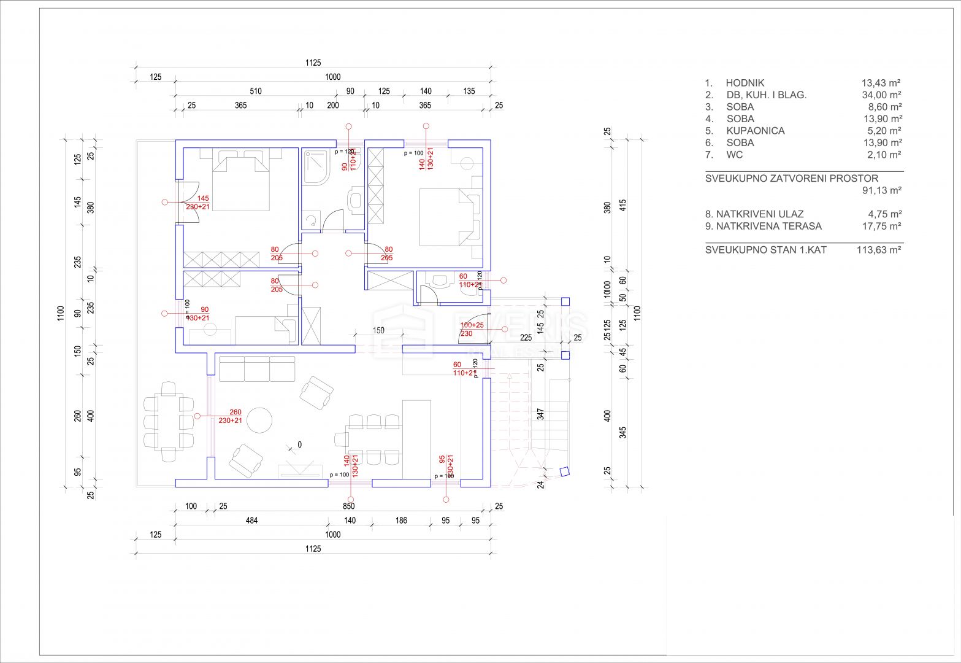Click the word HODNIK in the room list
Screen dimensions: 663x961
(x=745, y=83)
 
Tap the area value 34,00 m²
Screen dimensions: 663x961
(x=881, y=95)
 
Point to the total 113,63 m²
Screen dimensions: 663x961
(x=879, y=250)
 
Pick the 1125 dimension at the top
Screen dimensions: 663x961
(x=313, y=63)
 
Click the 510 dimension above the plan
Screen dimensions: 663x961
(x=256, y=91)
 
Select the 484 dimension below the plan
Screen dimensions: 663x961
(x=252, y=521)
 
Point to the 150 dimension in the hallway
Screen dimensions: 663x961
(x=378, y=330)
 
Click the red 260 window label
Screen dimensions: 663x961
(x=235, y=412)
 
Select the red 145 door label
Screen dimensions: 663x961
(x=203, y=198)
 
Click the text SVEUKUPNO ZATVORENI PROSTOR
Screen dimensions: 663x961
(x=791, y=179)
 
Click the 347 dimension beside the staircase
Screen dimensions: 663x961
(x=540, y=413)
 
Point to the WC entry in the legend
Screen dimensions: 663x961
(x=734, y=155)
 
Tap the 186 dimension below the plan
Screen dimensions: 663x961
(x=400, y=521)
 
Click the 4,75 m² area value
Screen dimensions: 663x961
(x=883, y=214)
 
